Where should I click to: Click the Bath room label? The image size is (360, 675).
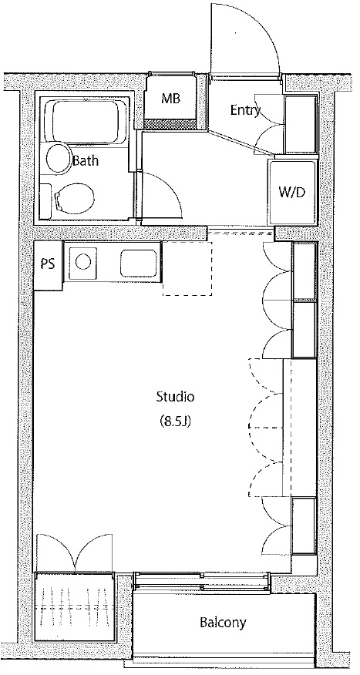click(86, 161)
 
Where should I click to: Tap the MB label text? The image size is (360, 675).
click(170, 99)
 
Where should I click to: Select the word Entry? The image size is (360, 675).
click(245, 110)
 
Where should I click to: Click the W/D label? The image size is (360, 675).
click(291, 192)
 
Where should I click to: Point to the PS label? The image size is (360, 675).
click(48, 264)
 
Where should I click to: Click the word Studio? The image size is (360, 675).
click(175, 396)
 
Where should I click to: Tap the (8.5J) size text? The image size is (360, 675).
click(175, 421)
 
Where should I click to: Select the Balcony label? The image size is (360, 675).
click(223, 622)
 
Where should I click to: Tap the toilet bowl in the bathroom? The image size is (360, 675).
click(76, 200)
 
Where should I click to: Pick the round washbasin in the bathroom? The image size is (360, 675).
click(59, 159)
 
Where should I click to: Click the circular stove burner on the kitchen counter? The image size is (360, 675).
click(82, 261)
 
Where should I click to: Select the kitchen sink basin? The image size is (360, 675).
click(138, 263)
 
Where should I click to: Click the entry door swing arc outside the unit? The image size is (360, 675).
click(263, 26)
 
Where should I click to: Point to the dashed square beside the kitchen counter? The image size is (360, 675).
click(187, 269)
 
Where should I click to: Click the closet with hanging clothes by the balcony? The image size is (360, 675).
click(74, 607)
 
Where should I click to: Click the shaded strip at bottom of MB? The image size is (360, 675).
click(169, 124)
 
